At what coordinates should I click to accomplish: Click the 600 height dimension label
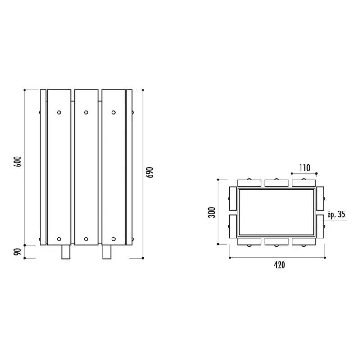(18, 162)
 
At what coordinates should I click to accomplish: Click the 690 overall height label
(149, 172)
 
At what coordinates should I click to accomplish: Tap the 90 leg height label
(18, 252)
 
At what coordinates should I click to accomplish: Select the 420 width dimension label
(279, 265)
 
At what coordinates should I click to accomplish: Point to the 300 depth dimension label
(211, 212)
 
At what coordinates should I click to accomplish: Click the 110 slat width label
(305, 168)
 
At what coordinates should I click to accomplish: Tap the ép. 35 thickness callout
(336, 215)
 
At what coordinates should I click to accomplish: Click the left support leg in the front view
(66, 252)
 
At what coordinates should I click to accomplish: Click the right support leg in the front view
(107, 252)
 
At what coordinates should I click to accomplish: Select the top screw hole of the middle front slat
(86, 112)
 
